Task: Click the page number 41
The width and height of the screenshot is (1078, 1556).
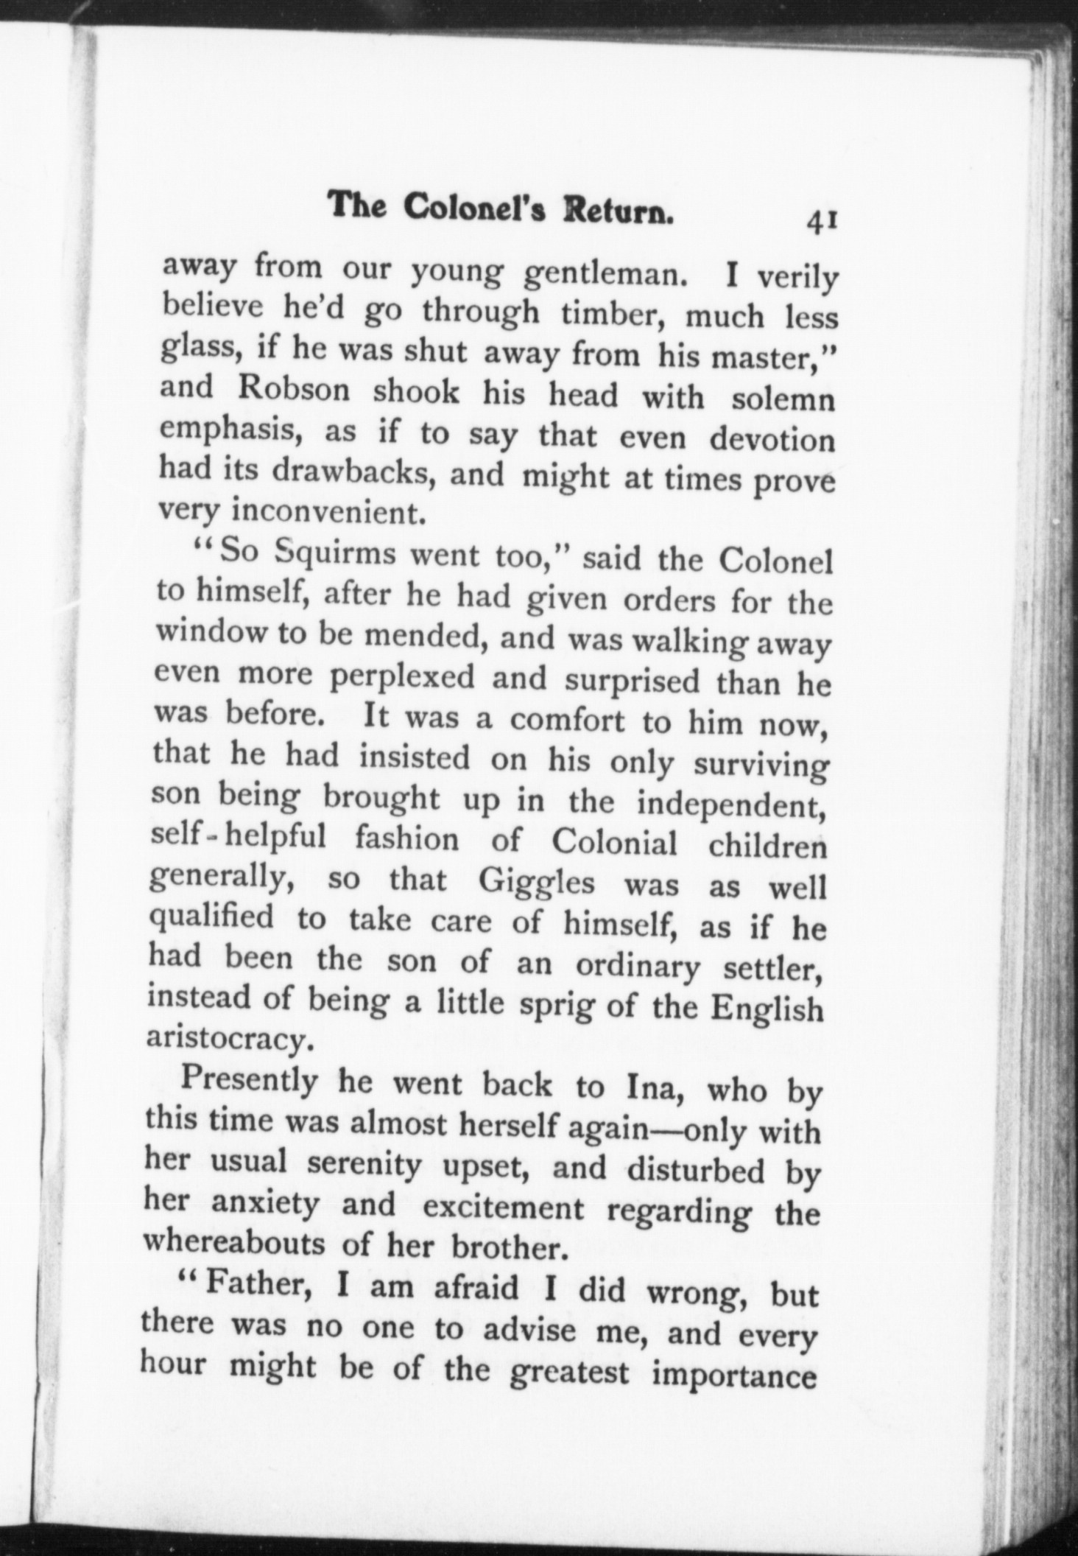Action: [x=823, y=221]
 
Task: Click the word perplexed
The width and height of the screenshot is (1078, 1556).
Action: [x=402, y=677]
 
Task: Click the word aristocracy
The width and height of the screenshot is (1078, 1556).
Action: [x=225, y=1039]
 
